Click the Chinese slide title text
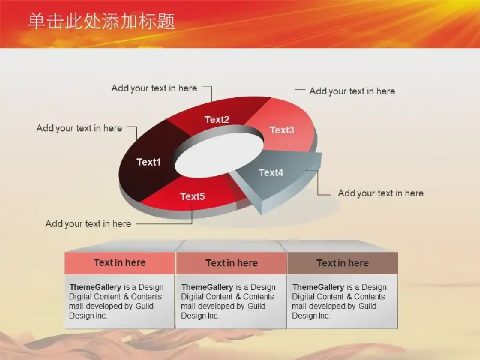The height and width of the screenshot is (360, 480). coord(101,22)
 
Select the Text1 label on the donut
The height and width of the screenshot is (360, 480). coord(148,162)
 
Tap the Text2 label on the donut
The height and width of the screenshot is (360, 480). coord(217,119)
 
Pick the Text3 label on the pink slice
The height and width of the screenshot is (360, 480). coord(282,130)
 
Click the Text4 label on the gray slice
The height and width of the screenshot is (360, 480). coord(271,173)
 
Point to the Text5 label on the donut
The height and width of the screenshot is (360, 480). coord(192,196)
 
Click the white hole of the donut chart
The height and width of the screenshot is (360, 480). coord(219,155)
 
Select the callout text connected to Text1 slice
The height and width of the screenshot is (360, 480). coord(79,128)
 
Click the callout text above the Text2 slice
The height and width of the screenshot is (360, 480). coord(154,88)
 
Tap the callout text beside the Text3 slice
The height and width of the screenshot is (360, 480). coord(352,91)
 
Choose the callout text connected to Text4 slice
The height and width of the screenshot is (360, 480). coord(381,193)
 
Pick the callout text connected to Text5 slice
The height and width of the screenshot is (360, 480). coord(88,224)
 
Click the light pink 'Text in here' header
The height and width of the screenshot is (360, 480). coord(119,263)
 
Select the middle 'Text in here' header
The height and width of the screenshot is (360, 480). coord(232,263)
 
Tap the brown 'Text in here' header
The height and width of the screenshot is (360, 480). coord(343,263)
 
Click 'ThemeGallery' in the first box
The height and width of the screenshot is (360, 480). coord(95,287)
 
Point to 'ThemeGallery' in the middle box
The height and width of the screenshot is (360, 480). coord(207,287)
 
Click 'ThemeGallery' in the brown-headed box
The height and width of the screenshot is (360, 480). coord(318,287)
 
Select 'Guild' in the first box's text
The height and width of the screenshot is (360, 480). coord(145,306)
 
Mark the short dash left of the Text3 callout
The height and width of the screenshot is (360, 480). coord(300,90)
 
